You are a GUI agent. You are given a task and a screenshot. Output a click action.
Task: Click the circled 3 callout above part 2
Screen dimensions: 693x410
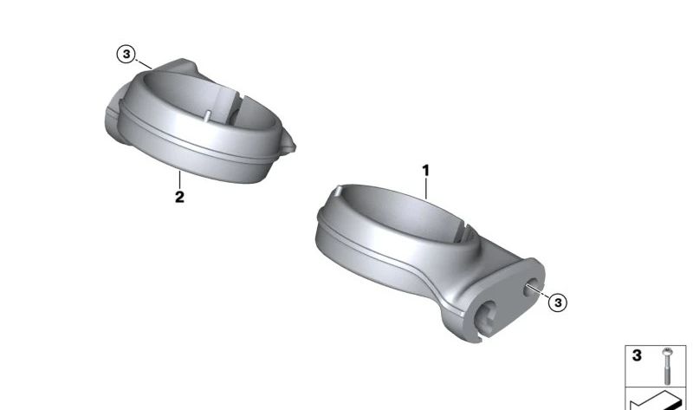point(126,54)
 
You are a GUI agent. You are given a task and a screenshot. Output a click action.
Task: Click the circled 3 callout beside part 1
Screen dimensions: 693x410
point(558,303)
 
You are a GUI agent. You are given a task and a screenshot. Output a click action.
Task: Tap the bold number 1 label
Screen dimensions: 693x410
point(425,170)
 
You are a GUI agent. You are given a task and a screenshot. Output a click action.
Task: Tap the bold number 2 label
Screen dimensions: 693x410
point(179,197)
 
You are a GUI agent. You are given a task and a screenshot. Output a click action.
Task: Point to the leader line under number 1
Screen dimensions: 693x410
point(426,188)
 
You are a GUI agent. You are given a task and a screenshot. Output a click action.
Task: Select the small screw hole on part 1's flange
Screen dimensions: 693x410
point(530,288)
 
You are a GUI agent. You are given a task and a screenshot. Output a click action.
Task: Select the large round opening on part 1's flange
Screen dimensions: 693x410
point(487,316)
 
